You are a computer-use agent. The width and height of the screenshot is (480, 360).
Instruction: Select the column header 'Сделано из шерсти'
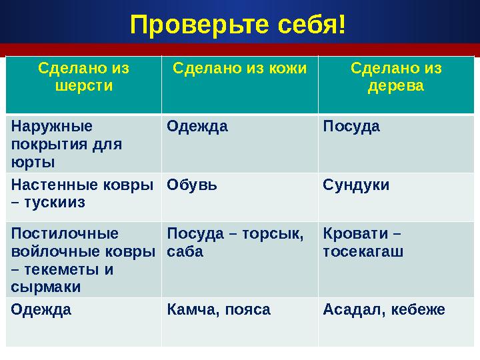(x=83, y=77)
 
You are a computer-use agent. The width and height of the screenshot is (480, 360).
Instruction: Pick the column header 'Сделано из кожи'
(x=239, y=68)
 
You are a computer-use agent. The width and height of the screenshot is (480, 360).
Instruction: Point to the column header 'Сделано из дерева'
(x=396, y=77)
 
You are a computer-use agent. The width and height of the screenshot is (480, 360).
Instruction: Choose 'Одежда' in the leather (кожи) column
(x=197, y=126)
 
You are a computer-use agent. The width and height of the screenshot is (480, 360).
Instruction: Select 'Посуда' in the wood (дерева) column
(x=351, y=126)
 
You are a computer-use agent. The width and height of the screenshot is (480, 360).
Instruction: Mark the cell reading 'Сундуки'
(x=356, y=185)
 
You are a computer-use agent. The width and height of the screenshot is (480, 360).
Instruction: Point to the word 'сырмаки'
(x=46, y=287)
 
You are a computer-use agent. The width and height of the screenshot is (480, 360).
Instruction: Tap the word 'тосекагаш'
(x=363, y=252)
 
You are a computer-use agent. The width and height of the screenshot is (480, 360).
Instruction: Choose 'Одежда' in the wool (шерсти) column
(x=41, y=309)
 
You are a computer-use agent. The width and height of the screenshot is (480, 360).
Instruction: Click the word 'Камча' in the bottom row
(x=189, y=309)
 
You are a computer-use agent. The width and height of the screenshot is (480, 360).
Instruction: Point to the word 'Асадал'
(x=349, y=309)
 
